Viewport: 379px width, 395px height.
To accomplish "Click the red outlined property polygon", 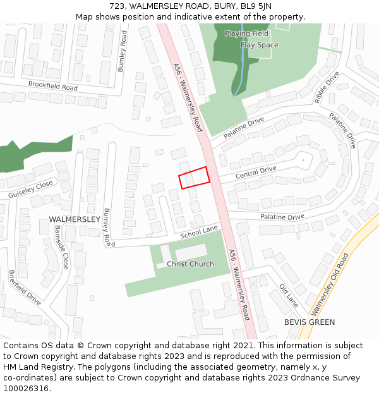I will pyautogui.click(x=194, y=177).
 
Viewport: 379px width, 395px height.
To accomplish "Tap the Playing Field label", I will pyautogui.click(x=246, y=33).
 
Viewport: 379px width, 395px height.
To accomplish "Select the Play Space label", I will pyautogui.click(x=259, y=45).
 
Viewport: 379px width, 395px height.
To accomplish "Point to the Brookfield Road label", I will pyautogui.click(x=53, y=86).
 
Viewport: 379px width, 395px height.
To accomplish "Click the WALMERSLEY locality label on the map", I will pyautogui.click(x=75, y=219).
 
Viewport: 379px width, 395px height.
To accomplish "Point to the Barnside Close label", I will pyautogui.click(x=61, y=247).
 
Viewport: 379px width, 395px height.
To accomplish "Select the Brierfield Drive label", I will pyautogui.click(x=25, y=288).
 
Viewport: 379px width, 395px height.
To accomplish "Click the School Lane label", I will pyautogui.click(x=198, y=232).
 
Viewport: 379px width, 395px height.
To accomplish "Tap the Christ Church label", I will pyautogui.click(x=190, y=264).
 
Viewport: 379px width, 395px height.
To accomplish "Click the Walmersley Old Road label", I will pyautogui.click(x=330, y=284).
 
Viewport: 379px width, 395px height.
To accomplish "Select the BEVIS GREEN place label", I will pyautogui.click(x=310, y=322).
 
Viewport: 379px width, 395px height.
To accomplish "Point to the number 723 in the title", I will pyautogui.click(x=126, y=6).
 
